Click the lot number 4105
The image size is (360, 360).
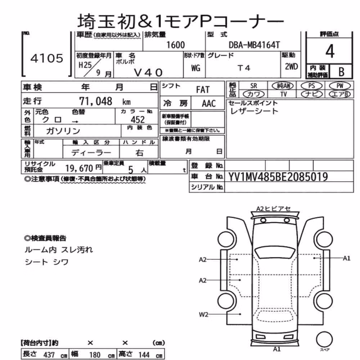(47, 58)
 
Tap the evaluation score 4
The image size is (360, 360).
(330, 51)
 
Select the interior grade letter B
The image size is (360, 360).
(341, 72)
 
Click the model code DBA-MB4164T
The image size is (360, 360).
(255, 45)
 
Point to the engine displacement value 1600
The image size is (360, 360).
(175, 45)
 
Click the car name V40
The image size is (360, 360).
(148, 73)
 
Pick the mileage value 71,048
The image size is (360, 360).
(95, 101)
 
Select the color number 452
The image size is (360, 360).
(138, 120)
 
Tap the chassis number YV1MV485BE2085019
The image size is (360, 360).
(278, 177)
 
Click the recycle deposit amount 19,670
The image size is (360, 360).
(79, 168)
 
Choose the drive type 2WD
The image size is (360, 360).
(291, 67)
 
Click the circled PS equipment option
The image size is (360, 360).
(311, 86)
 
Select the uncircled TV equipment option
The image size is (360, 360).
(284, 94)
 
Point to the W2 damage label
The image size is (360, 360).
(203, 314)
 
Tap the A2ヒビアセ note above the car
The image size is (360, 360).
(274, 209)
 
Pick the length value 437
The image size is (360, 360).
(49, 355)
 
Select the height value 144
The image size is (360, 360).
(144, 355)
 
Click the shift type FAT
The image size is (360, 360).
(203, 90)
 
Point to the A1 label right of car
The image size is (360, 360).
(346, 258)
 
